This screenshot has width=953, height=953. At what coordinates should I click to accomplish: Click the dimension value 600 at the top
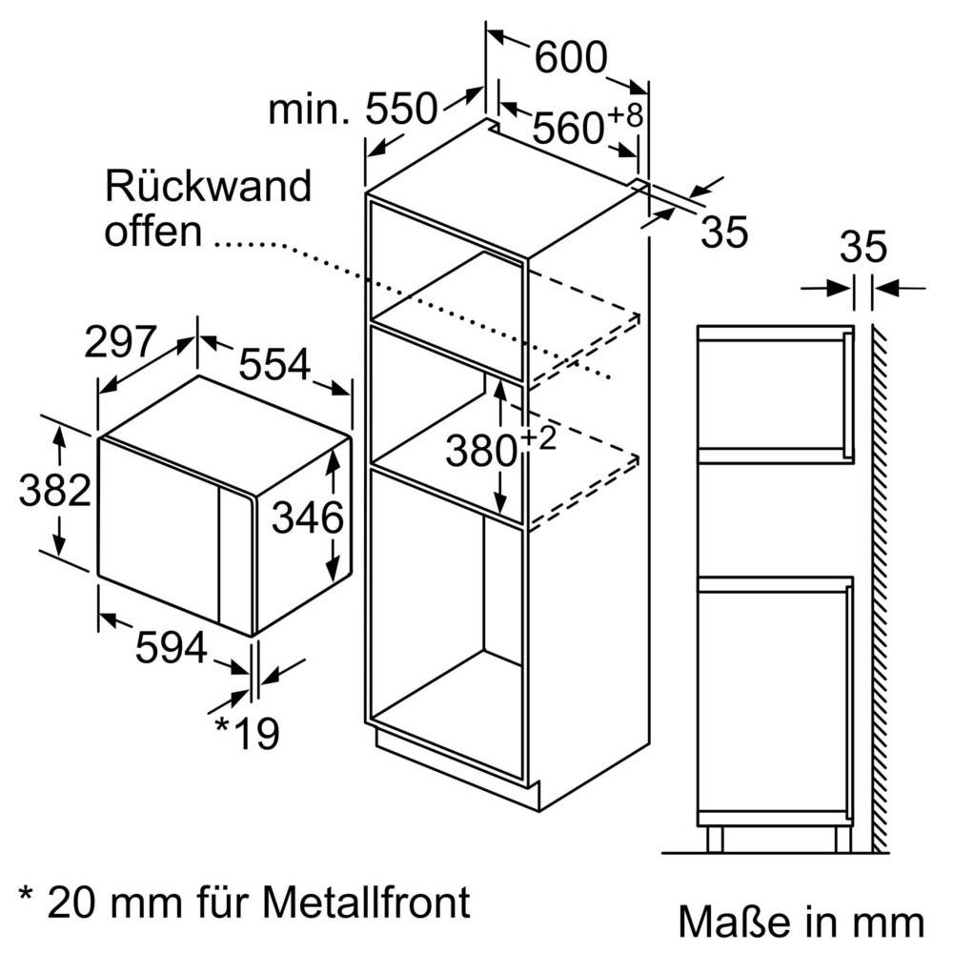570,59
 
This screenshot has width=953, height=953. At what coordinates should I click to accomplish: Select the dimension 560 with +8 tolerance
570,128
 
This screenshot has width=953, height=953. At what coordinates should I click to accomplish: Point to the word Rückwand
208,186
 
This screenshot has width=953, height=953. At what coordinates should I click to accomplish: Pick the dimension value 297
120,341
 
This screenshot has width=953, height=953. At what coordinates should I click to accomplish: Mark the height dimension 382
55,492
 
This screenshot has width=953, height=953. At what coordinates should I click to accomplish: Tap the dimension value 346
307,518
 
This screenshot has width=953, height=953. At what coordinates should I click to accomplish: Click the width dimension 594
172,649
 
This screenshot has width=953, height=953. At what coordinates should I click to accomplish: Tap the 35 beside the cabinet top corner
723,233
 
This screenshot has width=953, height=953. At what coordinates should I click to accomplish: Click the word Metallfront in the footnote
366,901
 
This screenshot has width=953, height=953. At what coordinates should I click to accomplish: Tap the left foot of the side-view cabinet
716,839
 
